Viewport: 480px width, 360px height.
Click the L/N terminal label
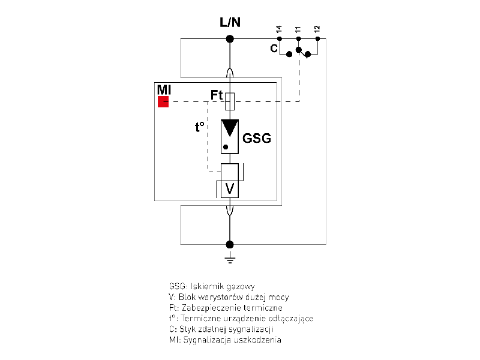(229, 23)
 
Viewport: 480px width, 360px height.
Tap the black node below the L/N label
(229, 40)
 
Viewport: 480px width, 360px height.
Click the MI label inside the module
(164, 89)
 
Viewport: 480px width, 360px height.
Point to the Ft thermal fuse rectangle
(229, 101)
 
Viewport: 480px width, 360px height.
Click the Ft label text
(217, 95)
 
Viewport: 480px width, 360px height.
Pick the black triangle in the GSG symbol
(229, 129)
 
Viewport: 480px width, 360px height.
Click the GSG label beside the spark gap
(257, 139)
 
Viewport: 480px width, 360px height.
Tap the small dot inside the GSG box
(226, 146)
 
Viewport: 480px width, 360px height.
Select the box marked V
(229, 188)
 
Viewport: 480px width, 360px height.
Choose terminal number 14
(280, 29)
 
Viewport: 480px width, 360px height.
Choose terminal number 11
(298, 29)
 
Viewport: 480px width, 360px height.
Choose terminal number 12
(317, 29)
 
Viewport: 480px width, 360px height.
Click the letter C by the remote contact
(274, 49)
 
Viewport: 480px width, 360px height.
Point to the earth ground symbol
(229, 259)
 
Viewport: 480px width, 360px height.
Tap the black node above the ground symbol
(229, 244)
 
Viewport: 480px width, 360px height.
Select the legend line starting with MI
(225, 340)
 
